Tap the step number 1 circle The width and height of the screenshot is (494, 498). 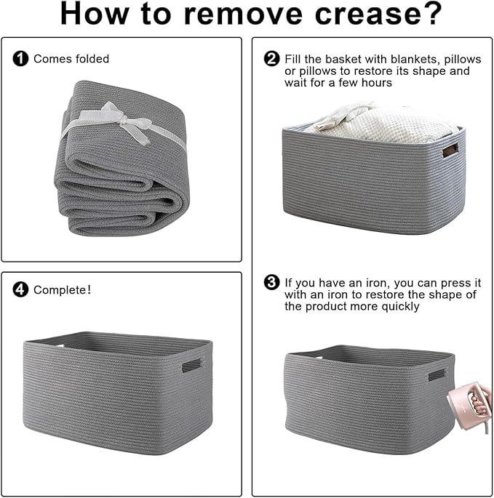click(20, 59)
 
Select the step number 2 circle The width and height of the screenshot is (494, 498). click(272, 59)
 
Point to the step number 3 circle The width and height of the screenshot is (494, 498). click(272, 282)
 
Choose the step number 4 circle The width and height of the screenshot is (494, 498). click(20, 289)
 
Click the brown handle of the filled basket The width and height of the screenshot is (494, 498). click(451, 150)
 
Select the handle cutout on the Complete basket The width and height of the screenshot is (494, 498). click(191, 365)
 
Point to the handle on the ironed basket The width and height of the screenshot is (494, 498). click(437, 374)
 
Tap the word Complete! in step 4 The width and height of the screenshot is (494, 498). click(63, 289)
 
